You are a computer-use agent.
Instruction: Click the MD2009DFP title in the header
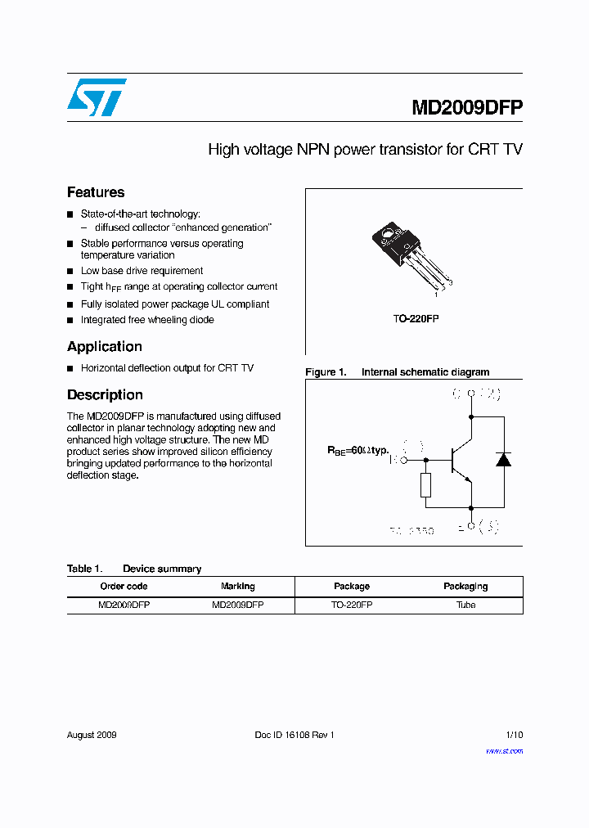(x=467, y=108)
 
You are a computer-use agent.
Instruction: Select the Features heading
(x=96, y=192)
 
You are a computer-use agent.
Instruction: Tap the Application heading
(x=105, y=346)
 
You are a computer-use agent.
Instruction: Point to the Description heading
(x=105, y=394)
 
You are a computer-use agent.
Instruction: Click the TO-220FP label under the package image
(x=415, y=319)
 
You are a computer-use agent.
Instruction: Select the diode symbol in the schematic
(x=503, y=459)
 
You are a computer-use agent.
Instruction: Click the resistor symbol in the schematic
(x=425, y=484)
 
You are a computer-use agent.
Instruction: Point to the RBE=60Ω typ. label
(x=359, y=450)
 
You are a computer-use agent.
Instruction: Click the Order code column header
(x=124, y=586)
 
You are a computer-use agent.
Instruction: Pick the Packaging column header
(x=465, y=586)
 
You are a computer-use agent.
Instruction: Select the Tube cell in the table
(x=465, y=605)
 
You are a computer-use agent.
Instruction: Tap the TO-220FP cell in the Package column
(x=352, y=605)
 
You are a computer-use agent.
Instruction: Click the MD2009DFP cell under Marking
(x=238, y=605)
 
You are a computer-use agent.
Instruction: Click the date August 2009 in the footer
(x=92, y=735)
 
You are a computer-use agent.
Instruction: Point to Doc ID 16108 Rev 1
(x=294, y=735)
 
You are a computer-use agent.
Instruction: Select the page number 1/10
(x=514, y=735)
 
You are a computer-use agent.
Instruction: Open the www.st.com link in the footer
(x=504, y=751)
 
